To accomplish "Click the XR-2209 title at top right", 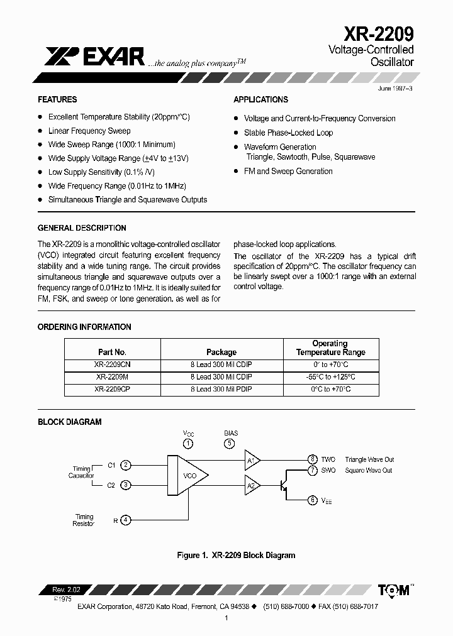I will (x=378, y=33).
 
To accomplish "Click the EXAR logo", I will (x=95, y=57).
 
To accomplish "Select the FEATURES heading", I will (x=57, y=99).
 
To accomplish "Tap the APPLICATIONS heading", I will (x=260, y=99).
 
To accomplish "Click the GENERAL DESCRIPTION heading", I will (x=82, y=228).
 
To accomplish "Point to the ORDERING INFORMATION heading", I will (x=84, y=327).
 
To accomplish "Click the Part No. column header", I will (x=113, y=353).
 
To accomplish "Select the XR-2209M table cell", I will (x=113, y=377).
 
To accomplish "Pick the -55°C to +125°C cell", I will (x=330, y=377).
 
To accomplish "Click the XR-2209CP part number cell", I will (x=113, y=390).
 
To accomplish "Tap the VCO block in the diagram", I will (x=189, y=476).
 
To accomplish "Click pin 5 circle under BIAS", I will (x=230, y=444).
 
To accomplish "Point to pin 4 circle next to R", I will (x=126, y=520).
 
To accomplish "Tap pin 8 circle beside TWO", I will (x=312, y=459).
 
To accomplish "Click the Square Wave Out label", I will (x=369, y=470).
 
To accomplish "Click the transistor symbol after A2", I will (x=282, y=485).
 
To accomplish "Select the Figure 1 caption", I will (x=236, y=555).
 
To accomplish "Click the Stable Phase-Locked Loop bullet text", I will (x=288, y=133).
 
